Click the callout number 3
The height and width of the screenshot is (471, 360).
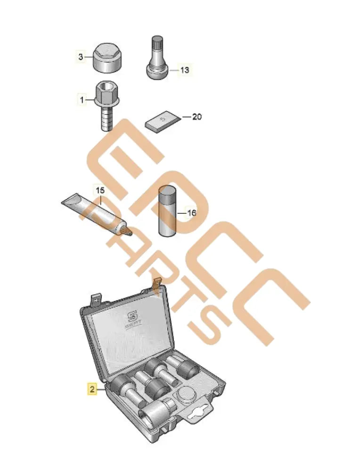pos(81,57)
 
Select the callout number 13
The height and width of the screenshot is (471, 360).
pos(184,70)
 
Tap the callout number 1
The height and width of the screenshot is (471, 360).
pos(82,100)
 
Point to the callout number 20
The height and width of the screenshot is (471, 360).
pos(196,117)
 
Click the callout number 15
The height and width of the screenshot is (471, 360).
pos(100,190)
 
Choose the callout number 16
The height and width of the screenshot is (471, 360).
pos(191,213)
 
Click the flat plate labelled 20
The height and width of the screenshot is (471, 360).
pos(163,122)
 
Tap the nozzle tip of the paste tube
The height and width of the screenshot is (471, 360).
pos(128,232)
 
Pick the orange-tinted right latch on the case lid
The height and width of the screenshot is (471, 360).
pos(157,284)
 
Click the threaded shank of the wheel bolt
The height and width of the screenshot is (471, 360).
pos(106,118)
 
